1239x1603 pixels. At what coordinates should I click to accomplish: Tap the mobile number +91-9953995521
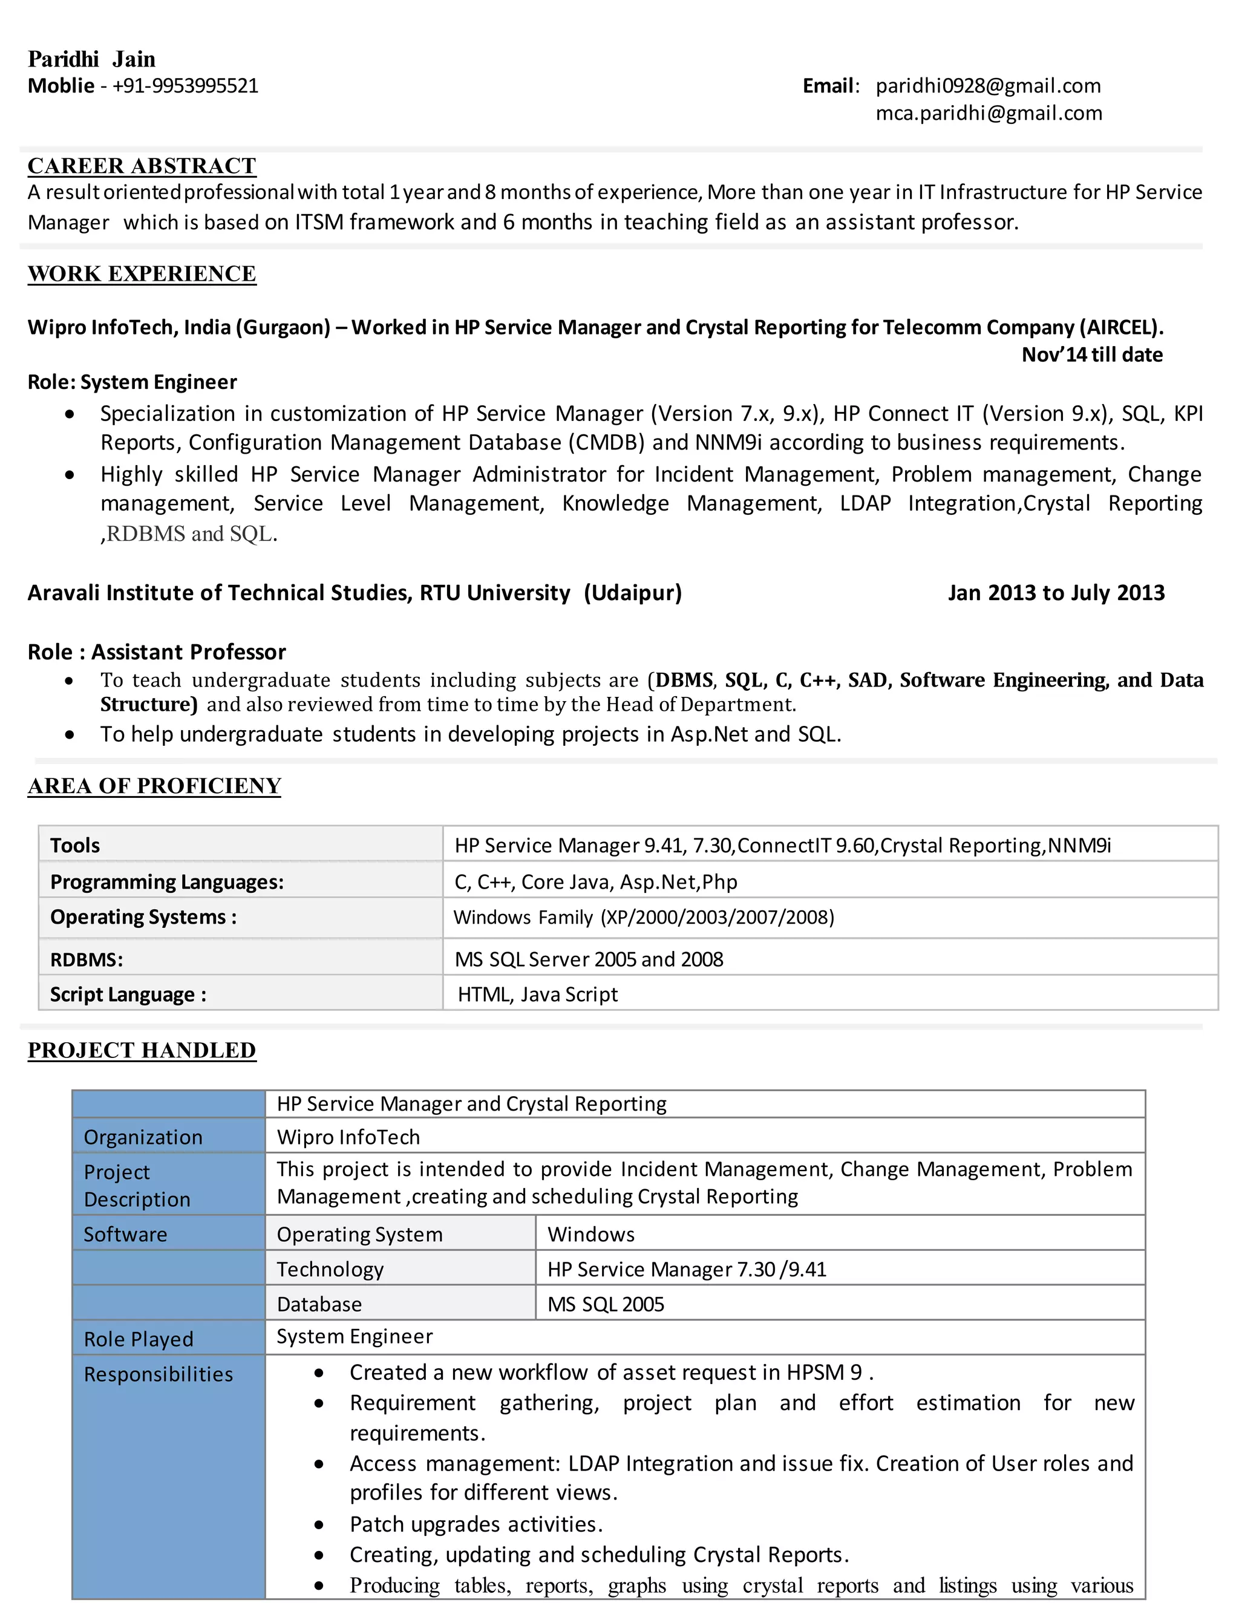185,86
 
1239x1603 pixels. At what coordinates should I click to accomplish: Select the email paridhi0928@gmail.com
988,86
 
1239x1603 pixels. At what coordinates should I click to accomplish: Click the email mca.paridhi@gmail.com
989,113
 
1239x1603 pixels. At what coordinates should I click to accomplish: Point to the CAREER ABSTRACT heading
142,166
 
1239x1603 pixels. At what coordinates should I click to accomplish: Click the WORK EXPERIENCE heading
142,274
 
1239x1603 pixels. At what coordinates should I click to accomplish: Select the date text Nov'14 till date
1091,354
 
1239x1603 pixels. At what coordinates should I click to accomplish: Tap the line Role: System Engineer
132,382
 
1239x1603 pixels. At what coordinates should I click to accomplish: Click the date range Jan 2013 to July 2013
1056,592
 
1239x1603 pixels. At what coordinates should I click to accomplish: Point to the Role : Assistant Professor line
156,651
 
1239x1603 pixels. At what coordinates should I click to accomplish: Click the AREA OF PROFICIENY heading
154,786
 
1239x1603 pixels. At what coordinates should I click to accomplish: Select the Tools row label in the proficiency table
75,846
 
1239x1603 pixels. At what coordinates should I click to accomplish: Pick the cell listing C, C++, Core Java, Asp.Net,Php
595,881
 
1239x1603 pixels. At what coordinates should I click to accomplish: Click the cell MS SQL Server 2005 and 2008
589,959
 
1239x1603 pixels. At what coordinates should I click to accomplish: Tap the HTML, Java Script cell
537,994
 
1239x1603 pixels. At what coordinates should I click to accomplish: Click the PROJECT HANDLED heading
142,1050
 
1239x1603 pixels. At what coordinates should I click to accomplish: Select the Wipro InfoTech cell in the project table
348,1137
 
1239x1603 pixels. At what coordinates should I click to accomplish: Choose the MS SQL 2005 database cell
606,1304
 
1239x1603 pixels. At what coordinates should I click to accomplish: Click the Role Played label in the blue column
138,1339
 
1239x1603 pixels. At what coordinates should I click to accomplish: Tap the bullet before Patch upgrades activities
319,1524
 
